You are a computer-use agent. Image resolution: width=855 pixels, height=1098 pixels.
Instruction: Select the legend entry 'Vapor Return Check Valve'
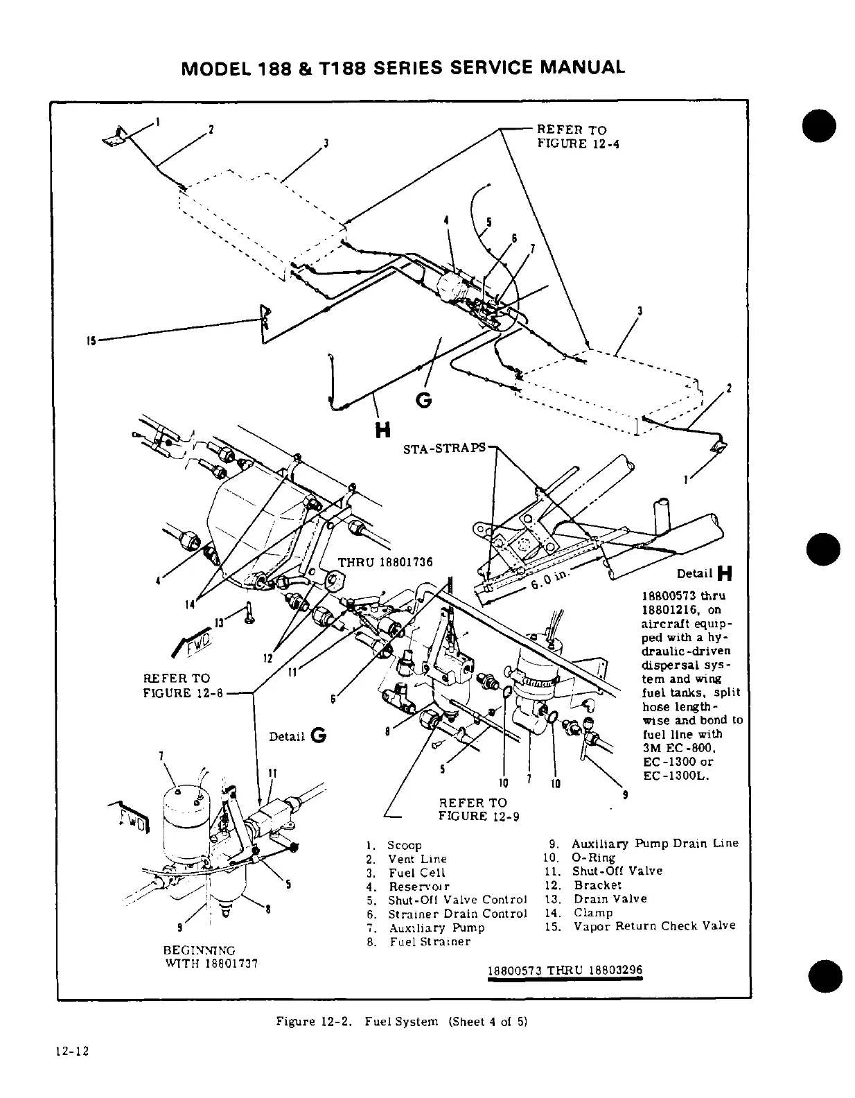pos(653,926)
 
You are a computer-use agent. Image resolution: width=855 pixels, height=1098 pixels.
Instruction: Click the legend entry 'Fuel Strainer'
pos(429,941)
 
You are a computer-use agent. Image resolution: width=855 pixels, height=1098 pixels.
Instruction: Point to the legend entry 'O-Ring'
pos(593,857)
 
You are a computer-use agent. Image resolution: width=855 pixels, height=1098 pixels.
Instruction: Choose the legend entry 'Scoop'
pos(404,845)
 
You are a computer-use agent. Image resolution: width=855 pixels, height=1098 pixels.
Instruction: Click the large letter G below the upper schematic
pos(424,401)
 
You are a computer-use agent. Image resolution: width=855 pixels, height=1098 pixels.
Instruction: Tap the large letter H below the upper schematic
pos(381,430)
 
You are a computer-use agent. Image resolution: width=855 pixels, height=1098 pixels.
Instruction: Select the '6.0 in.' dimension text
pos(549,578)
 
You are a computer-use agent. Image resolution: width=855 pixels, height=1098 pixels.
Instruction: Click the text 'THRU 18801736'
pos(385,561)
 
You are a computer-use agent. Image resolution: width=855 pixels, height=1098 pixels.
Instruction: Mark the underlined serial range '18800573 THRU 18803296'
pos(565,970)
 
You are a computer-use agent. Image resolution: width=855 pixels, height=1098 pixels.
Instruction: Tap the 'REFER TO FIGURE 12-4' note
pos(572,137)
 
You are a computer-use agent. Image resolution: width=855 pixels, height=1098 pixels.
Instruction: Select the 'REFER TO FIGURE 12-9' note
pos(478,809)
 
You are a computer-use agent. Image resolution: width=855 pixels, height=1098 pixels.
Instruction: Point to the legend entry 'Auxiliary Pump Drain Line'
pos(654,844)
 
